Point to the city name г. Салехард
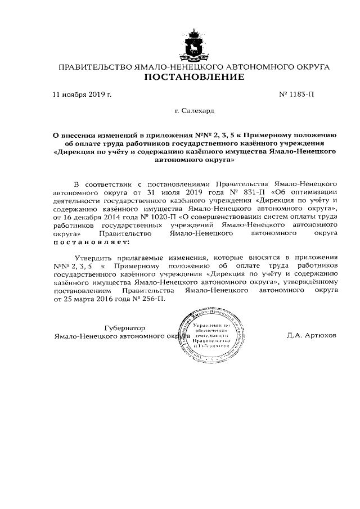195,112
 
